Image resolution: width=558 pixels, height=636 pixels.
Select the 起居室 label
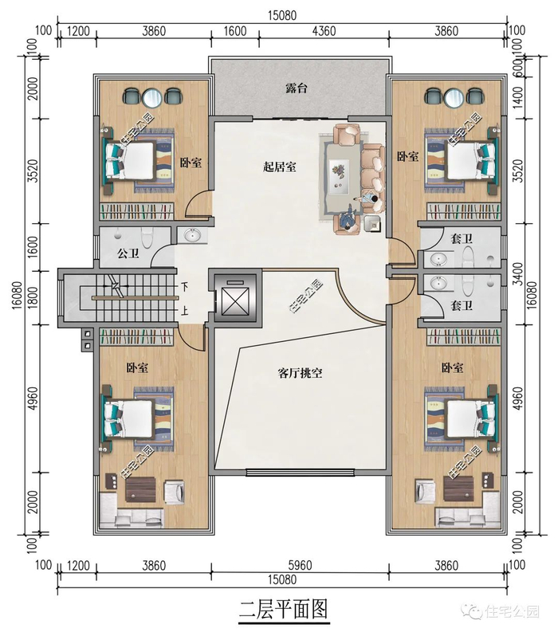(x=279, y=167)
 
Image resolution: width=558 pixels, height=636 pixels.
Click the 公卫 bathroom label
(x=128, y=254)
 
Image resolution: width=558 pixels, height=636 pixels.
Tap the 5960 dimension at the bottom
(x=300, y=566)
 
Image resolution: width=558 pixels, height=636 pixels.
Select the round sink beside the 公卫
(x=193, y=236)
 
